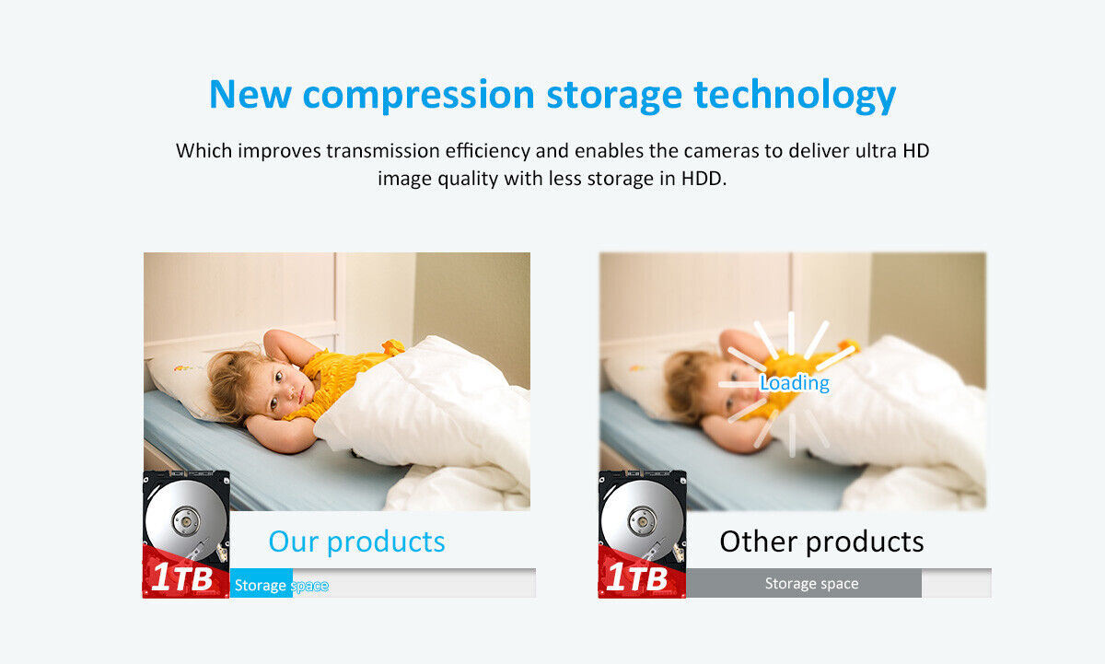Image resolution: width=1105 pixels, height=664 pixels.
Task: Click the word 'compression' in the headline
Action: pos(419,95)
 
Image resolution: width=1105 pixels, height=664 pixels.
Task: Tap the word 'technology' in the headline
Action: pos(795,95)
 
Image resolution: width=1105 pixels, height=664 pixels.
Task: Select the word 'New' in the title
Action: pos(250,94)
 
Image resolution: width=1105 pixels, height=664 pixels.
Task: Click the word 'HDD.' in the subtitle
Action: pos(704,178)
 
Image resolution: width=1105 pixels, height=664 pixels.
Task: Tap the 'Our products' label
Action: pos(356,542)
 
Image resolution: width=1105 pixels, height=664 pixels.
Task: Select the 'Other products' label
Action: pos(821,542)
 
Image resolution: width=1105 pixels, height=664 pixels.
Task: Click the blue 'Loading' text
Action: pos(794,383)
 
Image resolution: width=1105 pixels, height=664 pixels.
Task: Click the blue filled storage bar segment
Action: pos(262,584)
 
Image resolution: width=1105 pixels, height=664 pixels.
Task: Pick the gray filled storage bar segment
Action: pos(804,583)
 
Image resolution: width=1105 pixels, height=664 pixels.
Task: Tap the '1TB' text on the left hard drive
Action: pos(181,577)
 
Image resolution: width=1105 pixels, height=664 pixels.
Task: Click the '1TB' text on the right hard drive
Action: pos(636,577)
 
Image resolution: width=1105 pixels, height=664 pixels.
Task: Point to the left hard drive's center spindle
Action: pos(186,520)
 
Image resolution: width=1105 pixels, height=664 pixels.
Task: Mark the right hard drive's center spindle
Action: pos(642,520)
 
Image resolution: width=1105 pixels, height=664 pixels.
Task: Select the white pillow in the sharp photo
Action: pos(182,379)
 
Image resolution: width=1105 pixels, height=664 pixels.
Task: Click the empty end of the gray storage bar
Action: pos(956,584)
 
